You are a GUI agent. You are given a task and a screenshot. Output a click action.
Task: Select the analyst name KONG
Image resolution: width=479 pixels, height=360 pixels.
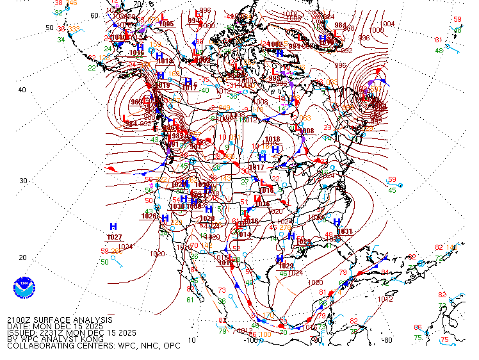point(91,339)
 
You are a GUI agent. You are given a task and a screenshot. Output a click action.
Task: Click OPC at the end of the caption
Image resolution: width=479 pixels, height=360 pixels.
point(170,346)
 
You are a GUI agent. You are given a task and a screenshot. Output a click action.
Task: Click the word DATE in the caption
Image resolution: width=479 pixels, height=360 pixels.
point(17,326)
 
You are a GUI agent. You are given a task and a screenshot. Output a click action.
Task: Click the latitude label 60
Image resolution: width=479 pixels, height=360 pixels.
point(95,16)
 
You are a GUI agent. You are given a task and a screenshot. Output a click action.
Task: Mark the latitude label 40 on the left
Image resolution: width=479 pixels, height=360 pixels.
point(22,90)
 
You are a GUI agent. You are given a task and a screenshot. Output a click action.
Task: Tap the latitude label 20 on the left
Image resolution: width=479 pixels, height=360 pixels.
point(22,258)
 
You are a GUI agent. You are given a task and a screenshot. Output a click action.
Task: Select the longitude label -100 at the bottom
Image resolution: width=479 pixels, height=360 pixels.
point(251,340)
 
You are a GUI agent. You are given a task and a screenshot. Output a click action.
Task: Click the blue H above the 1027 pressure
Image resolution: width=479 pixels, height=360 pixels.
point(113,227)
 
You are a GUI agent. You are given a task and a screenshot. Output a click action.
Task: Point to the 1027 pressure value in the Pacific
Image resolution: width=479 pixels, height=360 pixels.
point(115,238)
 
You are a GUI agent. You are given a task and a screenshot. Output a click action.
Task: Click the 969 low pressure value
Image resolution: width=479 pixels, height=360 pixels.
point(136,102)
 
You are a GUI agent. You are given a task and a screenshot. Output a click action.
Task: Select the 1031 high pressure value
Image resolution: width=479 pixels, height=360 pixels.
point(345,231)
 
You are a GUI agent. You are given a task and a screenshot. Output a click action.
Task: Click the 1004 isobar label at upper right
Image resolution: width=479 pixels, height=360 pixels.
point(388,24)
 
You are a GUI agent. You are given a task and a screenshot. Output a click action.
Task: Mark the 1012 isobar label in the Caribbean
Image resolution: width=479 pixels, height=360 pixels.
point(385,299)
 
